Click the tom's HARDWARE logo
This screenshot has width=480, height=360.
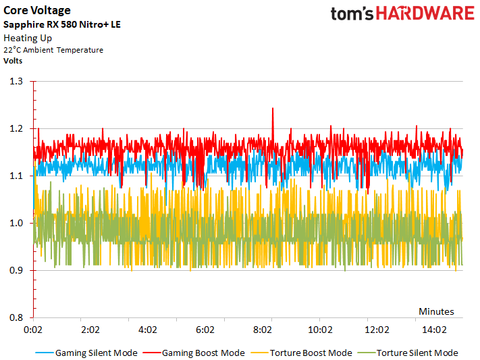[402, 17]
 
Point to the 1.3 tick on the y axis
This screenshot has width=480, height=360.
[17, 81]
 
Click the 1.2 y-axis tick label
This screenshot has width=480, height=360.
[17, 128]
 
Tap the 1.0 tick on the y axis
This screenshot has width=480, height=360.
[17, 223]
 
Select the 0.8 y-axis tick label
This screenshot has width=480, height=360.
[17, 317]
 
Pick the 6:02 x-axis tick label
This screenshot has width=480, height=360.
[205, 329]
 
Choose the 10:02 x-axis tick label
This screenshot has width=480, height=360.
[319, 329]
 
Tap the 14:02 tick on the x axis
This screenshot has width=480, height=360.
[434, 329]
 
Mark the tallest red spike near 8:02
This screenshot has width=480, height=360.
[272, 110]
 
